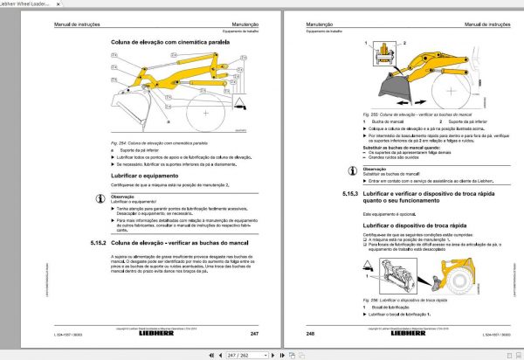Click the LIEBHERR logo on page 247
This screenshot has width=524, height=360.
click(x=164, y=334)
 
